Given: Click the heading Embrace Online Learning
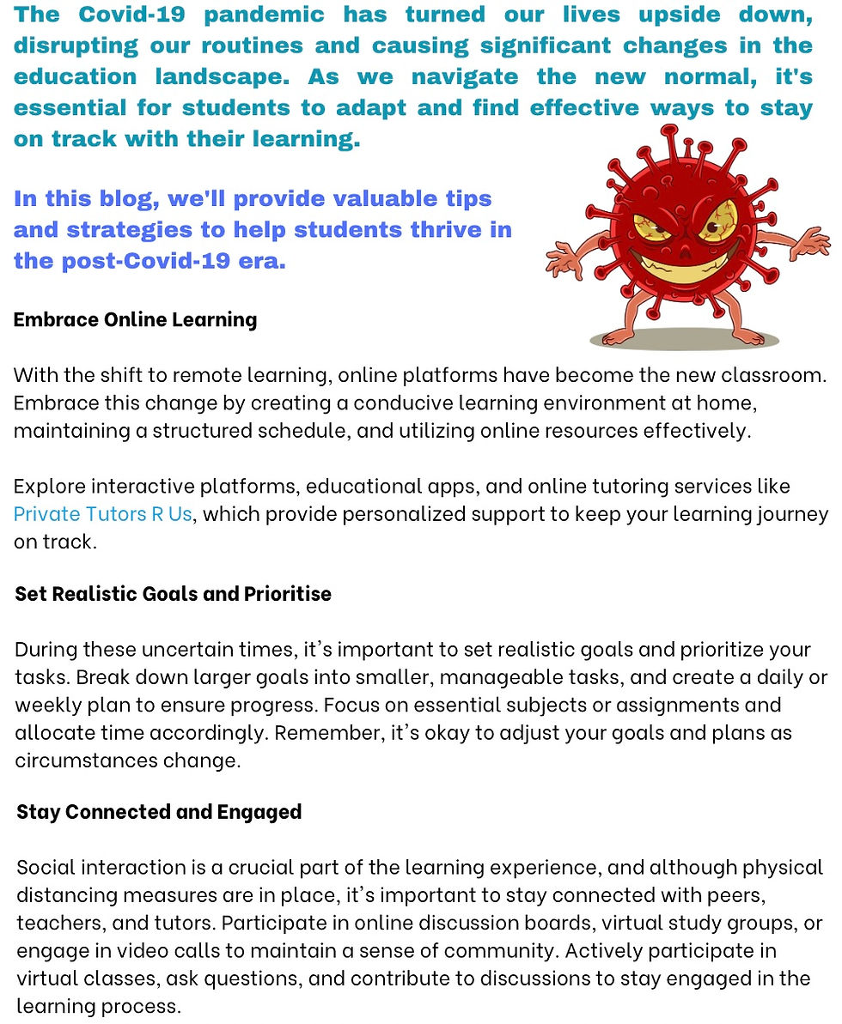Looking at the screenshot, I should (135, 319).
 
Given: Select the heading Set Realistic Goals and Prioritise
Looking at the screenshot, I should (173, 594).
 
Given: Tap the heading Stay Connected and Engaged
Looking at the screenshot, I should (159, 811).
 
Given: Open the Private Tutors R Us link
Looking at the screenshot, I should (102, 514).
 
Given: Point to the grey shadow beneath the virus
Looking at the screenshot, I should (684, 340).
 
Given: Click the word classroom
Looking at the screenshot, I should (768, 375).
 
